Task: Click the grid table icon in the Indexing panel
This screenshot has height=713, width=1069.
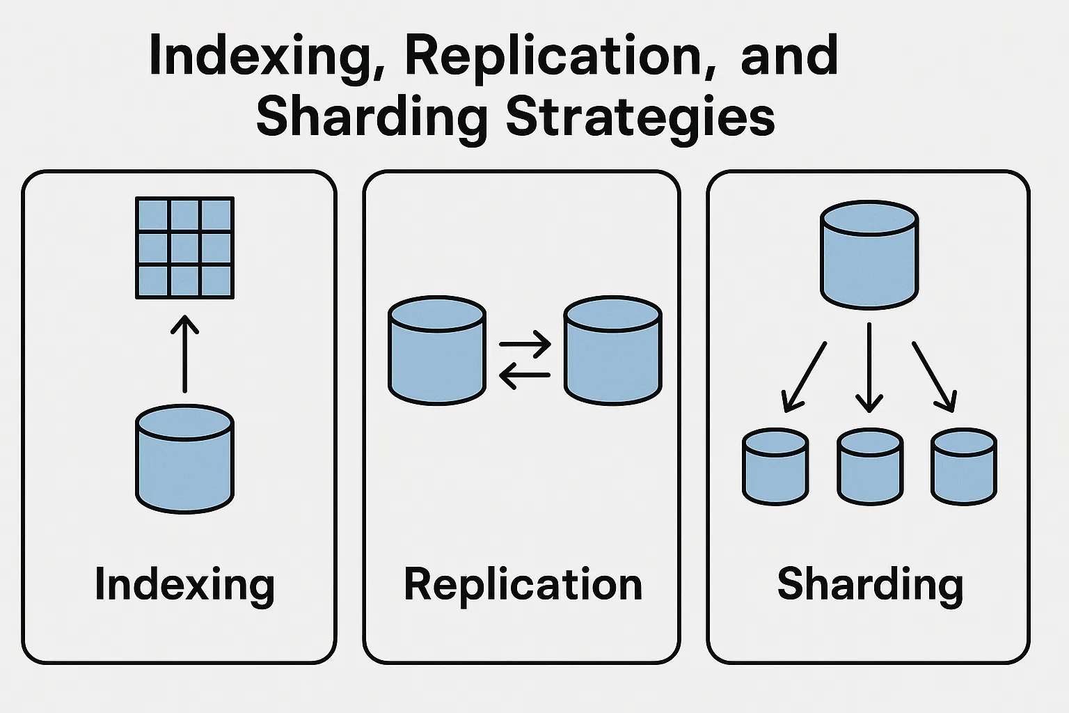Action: (x=184, y=248)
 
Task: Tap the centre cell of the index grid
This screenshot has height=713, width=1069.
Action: (x=184, y=249)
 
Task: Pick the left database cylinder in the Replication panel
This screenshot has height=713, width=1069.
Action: (x=436, y=351)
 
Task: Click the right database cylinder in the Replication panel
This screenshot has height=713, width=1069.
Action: (x=612, y=351)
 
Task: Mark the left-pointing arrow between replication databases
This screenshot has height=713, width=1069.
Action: (x=525, y=375)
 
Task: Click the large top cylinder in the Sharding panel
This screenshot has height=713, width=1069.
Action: (x=869, y=255)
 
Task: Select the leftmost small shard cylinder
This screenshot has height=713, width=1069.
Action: (x=775, y=467)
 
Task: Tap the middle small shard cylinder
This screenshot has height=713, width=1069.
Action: (x=870, y=467)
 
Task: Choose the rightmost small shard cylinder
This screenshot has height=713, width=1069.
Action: (x=964, y=467)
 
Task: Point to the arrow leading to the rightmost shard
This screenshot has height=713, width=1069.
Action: (x=934, y=376)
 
